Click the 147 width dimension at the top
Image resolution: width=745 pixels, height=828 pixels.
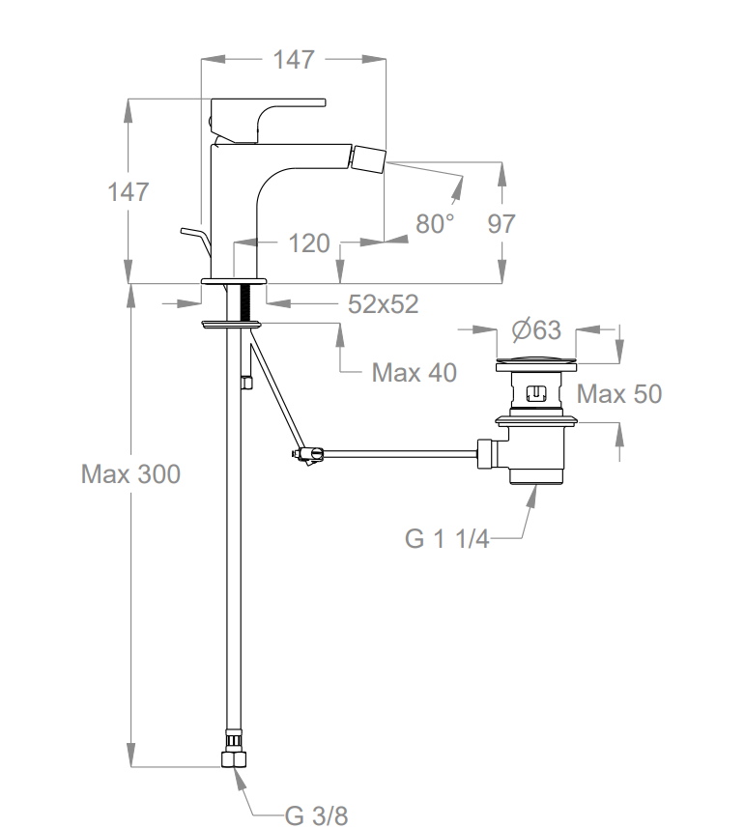(x=293, y=59)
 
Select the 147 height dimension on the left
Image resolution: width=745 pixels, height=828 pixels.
(x=129, y=191)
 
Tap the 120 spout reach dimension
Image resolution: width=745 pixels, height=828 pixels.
(x=309, y=243)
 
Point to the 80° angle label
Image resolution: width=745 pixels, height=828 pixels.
(x=435, y=223)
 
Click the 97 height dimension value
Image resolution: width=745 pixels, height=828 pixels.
(x=501, y=223)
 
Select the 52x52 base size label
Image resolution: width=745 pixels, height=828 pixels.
(x=384, y=303)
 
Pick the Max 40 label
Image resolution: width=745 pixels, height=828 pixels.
(x=414, y=372)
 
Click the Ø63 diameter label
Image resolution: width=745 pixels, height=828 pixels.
(x=536, y=329)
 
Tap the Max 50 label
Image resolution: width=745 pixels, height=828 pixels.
(x=619, y=394)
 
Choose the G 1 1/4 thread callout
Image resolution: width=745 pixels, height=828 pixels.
(x=446, y=539)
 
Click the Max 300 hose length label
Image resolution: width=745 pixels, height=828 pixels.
(x=130, y=474)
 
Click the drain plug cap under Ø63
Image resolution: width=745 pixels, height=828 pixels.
(x=535, y=365)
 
